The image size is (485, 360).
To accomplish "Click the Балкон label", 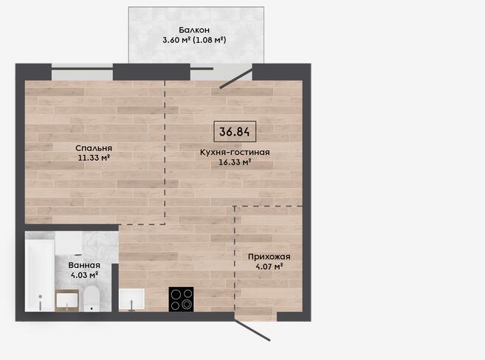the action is [x=194, y=30].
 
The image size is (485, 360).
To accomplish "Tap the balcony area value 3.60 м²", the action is [x=176, y=40].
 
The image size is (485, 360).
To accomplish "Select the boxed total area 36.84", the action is [x=235, y=131].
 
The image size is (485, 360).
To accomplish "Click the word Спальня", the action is [x=94, y=148].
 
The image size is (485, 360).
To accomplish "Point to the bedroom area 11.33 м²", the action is [x=94, y=158].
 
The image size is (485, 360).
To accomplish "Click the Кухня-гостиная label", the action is [x=235, y=153].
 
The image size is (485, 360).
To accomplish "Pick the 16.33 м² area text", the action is [x=235, y=162].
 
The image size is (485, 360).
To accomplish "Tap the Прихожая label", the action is [x=269, y=257].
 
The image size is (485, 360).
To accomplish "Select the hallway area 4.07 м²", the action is [x=269, y=266].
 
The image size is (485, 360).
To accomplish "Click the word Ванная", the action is [x=84, y=266].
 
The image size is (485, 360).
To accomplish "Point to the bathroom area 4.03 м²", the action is [x=84, y=274].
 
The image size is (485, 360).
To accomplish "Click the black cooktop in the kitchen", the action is [x=182, y=299].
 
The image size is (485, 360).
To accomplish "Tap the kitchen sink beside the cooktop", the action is [x=131, y=299].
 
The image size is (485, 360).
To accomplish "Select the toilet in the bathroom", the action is [x=92, y=299].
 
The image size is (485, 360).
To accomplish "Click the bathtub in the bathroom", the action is [x=40, y=275].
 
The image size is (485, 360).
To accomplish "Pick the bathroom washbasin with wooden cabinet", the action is [x=67, y=300].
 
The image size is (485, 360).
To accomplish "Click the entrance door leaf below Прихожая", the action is [x=252, y=330].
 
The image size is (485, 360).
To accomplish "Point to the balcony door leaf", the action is [x=236, y=79].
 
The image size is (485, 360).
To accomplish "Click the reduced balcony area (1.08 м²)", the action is [x=210, y=40].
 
